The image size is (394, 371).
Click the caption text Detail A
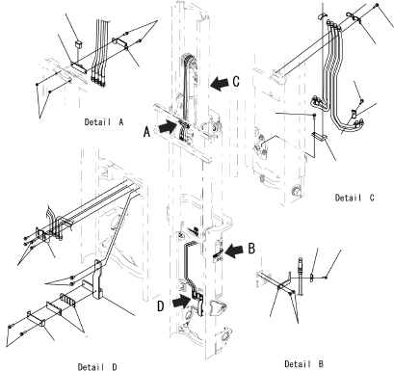[104, 122]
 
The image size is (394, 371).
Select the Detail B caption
[303, 364]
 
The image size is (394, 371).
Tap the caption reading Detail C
[355, 198]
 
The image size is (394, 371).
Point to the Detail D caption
[97, 367]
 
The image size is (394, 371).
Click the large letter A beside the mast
[146, 131]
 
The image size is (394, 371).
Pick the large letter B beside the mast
[251, 249]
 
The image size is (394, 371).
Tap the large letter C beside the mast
[236, 81]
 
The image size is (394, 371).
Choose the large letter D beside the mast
[161, 306]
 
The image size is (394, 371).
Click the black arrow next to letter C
[220, 83]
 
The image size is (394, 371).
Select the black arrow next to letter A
[168, 126]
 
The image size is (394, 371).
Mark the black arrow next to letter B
[234, 251]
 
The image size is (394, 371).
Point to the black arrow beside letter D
[181, 302]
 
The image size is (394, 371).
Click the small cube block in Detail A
[78, 44]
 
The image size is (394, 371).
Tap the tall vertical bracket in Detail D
[98, 279]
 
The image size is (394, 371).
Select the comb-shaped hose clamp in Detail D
[67, 300]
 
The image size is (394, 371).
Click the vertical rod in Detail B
[301, 277]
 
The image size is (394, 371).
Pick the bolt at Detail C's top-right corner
[377, 6]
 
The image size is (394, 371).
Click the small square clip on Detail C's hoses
[354, 114]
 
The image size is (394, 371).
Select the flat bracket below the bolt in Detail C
[320, 137]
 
